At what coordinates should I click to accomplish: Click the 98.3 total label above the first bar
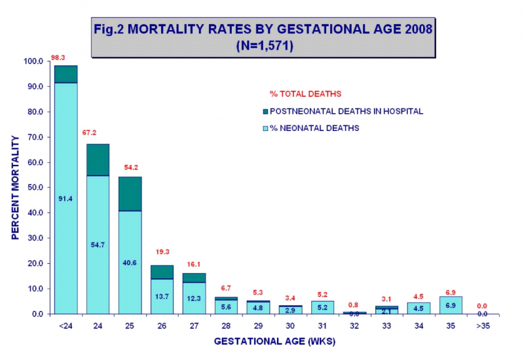coord(60,58)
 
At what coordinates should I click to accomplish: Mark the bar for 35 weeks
coord(451,305)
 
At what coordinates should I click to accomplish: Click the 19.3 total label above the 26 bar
coord(162,251)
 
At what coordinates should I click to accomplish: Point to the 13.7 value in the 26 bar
coord(162,297)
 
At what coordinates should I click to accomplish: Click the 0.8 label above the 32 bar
coord(354,304)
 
